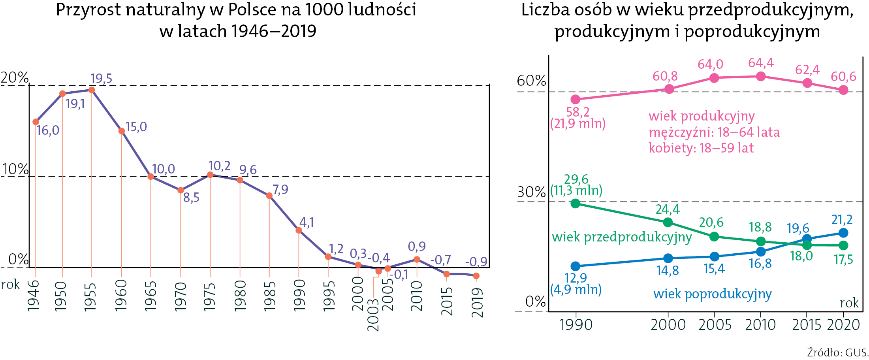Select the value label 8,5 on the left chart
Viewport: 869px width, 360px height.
pyautogui.click(x=191, y=197)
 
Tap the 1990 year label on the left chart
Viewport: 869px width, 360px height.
pyautogui.click(x=299, y=295)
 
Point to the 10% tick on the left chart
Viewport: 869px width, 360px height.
pyautogui.click(x=15, y=170)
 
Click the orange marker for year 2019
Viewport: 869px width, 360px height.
pyautogui.click(x=476, y=276)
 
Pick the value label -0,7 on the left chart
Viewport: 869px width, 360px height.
pyautogui.click(x=440, y=260)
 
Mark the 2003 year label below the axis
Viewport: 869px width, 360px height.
pyautogui.click(x=373, y=315)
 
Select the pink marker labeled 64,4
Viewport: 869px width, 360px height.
pyautogui.click(x=761, y=76)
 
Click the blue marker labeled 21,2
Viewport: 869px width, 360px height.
pyautogui.click(x=843, y=233)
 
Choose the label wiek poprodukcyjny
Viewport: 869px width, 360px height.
pyautogui.click(x=712, y=294)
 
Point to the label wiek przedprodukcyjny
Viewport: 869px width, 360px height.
pyautogui.click(x=622, y=237)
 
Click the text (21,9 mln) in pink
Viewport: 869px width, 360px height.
pyautogui.click(x=578, y=124)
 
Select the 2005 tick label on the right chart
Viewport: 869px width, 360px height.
pyautogui.click(x=715, y=325)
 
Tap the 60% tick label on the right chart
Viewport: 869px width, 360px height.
pyautogui.click(x=531, y=81)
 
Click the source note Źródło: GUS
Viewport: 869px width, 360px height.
pyautogui.click(x=837, y=352)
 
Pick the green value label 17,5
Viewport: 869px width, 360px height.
pyautogui.click(x=843, y=260)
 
